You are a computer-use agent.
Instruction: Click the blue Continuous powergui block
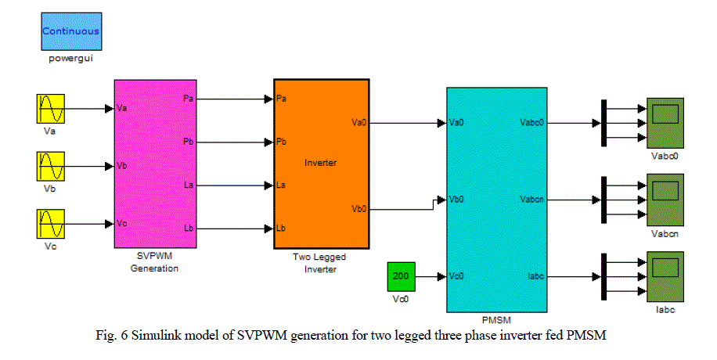(70, 32)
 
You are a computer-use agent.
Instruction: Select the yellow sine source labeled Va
(49, 109)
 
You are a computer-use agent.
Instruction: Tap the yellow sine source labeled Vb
(49, 167)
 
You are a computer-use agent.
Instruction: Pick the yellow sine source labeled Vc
(49, 224)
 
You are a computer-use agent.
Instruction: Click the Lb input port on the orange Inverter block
(282, 229)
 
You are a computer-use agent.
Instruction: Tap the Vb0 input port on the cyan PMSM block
(456, 199)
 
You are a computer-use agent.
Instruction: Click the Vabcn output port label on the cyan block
(527, 199)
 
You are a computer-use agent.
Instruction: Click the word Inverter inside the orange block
(321, 163)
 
